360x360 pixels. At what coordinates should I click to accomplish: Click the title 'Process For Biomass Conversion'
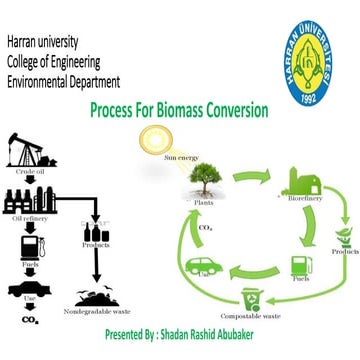178,109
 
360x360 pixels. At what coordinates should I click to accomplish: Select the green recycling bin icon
250,298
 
